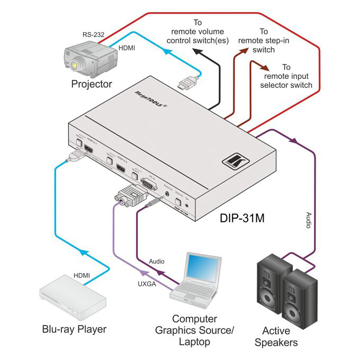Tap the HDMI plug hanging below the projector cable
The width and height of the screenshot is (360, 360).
(188, 84)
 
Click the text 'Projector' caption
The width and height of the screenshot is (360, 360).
(92, 84)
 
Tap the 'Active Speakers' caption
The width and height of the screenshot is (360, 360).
(276, 336)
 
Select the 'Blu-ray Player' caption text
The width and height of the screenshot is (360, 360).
(74, 329)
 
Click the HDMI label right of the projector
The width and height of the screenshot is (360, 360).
(126, 48)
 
